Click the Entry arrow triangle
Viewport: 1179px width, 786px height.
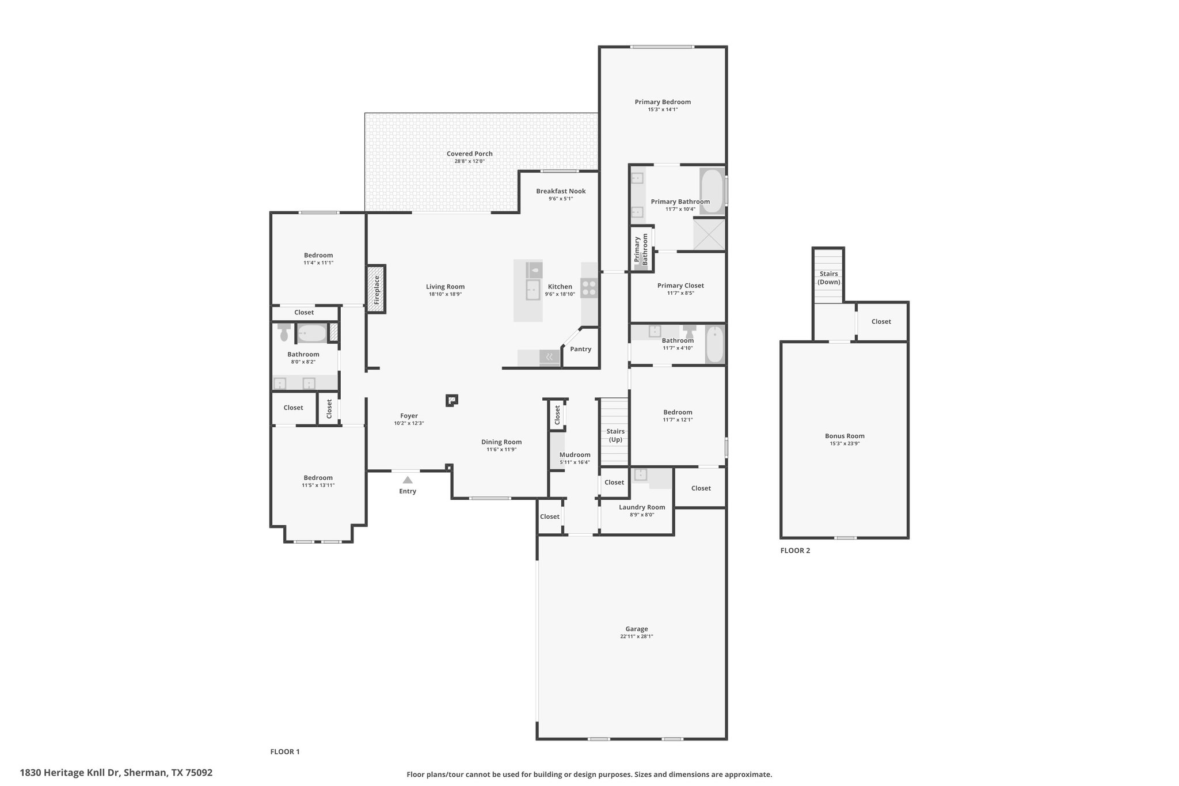tap(408, 480)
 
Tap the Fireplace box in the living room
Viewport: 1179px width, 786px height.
tap(376, 289)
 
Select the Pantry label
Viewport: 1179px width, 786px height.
tap(581, 349)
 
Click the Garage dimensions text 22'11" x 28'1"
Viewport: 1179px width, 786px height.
tap(637, 636)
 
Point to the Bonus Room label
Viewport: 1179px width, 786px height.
tap(845, 436)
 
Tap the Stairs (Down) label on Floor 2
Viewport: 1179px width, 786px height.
tap(829, 278)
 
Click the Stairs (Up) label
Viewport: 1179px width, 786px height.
tap(615, 435)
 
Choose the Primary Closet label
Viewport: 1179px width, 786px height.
tap(680, 286)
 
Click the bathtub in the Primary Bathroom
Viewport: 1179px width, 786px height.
tap(712, 191)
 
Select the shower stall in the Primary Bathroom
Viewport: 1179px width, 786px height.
tap(709, 234)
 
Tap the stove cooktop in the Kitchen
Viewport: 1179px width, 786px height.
tap(589, 288)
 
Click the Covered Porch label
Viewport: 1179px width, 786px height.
tap(470, 154)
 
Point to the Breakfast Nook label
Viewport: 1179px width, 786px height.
tap(561, 191)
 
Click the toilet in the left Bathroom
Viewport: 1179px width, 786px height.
tap(284, 333)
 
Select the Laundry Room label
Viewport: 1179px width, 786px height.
tap(642, 507)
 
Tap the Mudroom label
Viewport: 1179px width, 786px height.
tap(575, 455)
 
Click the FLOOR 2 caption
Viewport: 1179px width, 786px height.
tap(795, 550)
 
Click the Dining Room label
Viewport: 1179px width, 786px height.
tap(501, 442)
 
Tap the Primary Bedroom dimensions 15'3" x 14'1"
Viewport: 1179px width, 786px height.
tap(663, 109)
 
